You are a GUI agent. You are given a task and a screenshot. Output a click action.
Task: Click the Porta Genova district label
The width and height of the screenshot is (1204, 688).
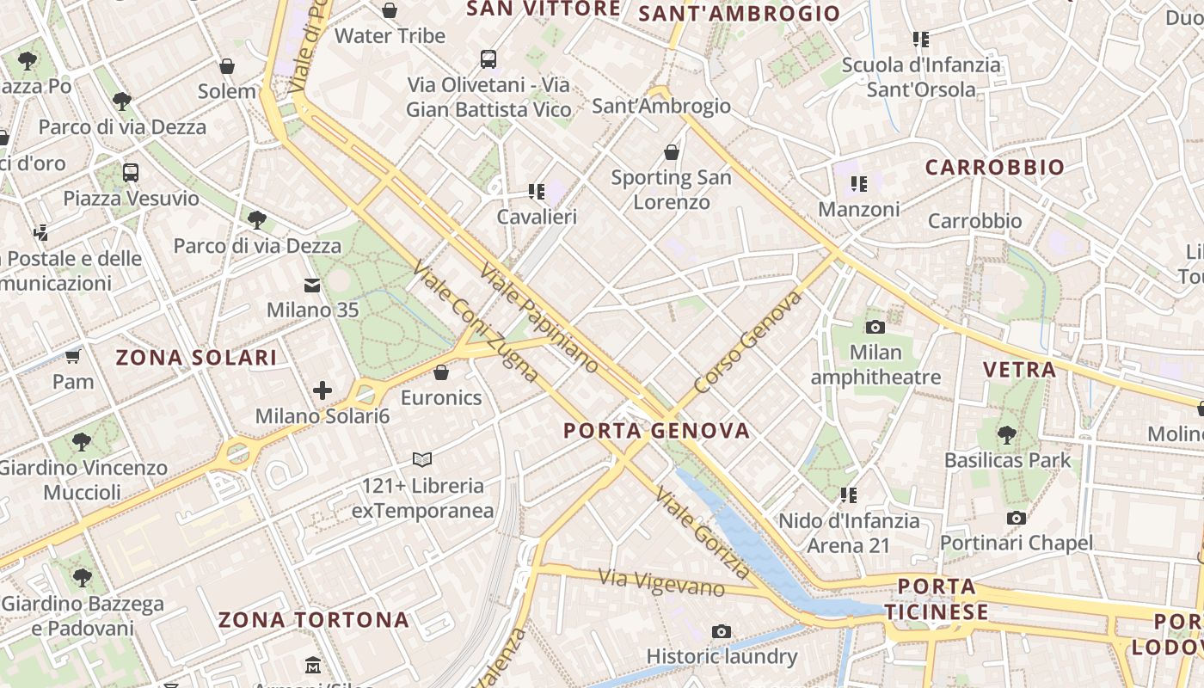coord(656,430)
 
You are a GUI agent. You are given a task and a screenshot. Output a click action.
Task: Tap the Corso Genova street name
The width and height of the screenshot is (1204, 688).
coord(748,341)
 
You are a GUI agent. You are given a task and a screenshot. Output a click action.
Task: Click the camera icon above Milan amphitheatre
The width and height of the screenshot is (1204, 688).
coord(875,327)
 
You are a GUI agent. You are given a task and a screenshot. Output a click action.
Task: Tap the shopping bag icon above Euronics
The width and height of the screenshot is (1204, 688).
coord(441,372)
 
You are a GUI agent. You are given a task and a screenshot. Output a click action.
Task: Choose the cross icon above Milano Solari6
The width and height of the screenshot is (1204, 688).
coord(322,391)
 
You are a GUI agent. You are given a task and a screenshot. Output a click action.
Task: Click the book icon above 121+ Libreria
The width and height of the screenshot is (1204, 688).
coord(421,459)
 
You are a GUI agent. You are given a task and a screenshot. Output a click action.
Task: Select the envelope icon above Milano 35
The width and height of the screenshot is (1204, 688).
coord(311,285)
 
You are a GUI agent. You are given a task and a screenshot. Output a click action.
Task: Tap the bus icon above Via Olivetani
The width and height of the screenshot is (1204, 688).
coord(488,59)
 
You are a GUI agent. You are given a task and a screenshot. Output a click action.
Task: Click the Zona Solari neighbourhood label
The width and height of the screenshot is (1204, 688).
coord(196,358)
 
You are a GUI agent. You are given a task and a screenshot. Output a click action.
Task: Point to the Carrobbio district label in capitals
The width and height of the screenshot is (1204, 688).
coord(994,167)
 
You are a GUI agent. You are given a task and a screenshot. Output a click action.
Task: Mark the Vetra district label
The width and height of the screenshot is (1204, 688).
coord(1019,370)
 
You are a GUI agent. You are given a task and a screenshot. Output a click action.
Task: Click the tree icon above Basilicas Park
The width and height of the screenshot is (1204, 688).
coord(1007,434)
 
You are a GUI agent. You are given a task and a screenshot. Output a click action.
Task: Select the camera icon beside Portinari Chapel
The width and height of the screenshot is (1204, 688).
coord(1017,518)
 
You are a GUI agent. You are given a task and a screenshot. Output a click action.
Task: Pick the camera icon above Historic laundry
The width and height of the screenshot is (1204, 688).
coord(722,632)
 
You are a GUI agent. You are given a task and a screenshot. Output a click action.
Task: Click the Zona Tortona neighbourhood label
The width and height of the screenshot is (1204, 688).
coord(313,619)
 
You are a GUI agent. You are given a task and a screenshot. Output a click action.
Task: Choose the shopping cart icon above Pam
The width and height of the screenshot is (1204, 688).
coord(73,356)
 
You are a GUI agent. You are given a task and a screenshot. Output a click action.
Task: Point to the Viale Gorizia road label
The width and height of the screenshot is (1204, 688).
coord(703,533)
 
